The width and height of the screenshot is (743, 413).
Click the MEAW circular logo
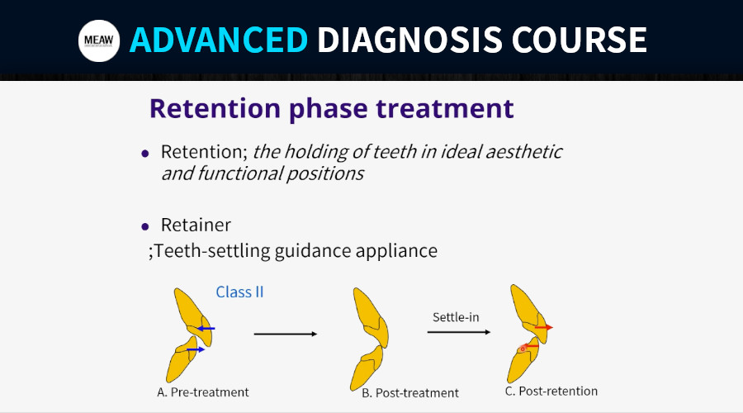[x=99, y=40]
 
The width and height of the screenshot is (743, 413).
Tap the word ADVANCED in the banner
[x=219, y=40]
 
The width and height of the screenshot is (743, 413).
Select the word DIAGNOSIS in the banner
[x=409, y=40]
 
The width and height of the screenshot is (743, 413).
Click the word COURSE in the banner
[x=579, y=40]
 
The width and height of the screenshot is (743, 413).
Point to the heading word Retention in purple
[x=215, y=108]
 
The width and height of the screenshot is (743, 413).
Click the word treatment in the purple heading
[x=445, y=108]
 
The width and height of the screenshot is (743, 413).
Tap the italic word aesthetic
[x=523, y=152]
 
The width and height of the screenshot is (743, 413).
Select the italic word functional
[x=239, y=173]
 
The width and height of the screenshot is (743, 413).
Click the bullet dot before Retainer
[x=145, y=226]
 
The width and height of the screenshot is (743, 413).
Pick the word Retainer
[x=196, y=225]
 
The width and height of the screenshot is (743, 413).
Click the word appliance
[x=396, y=251]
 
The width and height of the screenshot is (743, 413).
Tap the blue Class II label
[x=239, y=292]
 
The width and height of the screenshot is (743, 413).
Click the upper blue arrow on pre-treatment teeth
[x=206, y=328]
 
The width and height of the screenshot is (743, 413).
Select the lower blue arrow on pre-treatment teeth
[x=196, y=349]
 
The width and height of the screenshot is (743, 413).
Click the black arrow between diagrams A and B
[x=286, y=335]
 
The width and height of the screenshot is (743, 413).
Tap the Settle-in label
[x=456, y=317]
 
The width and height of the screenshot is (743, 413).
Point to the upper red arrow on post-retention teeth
[x=544, y=327]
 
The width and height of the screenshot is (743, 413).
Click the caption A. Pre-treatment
[x=203, y=392]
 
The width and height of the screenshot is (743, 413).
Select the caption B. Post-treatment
[x=409, y=393]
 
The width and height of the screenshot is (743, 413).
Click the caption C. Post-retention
[x=551, y=392]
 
